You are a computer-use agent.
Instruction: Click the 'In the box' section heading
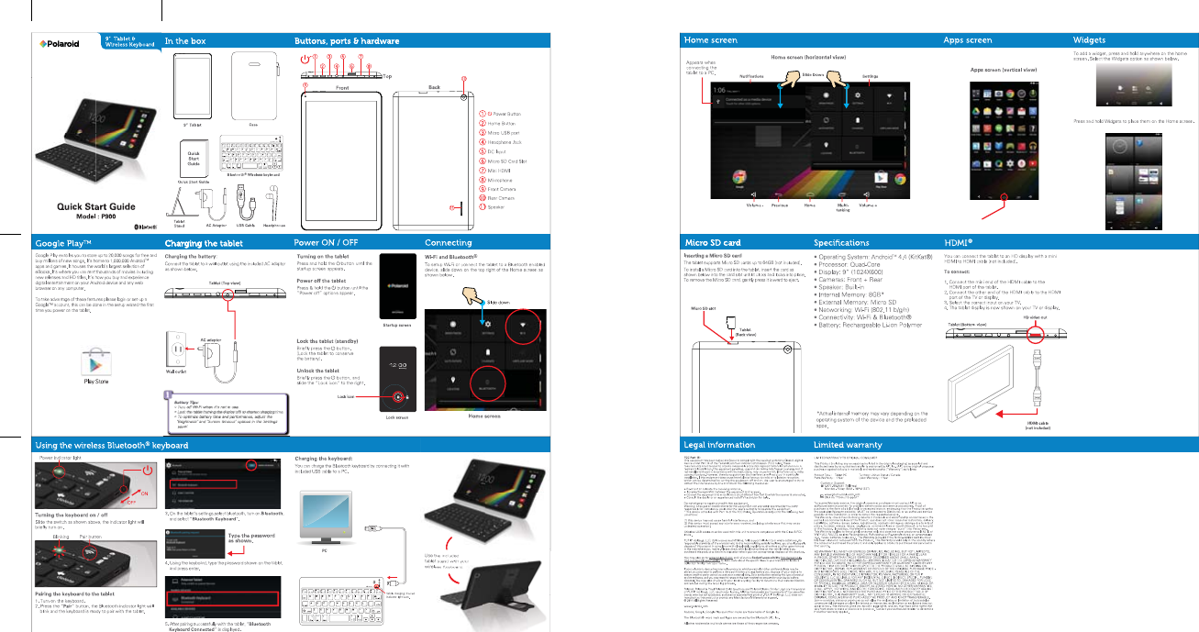(x=185, y=41)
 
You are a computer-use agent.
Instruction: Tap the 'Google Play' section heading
(x=63, y=242)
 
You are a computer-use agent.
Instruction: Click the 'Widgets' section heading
(x=1092, y=41)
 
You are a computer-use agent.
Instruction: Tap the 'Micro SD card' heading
(x=713, y=242)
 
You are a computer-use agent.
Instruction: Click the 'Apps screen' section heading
(x=967, y=41)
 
